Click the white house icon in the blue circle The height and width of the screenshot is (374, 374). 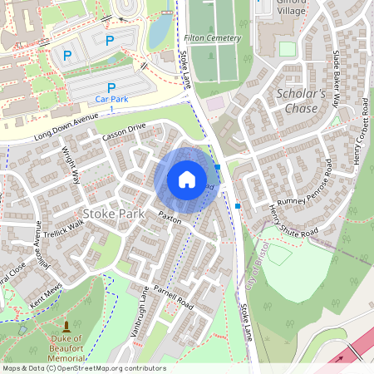pos(187,179)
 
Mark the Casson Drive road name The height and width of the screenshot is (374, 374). pos(124,132)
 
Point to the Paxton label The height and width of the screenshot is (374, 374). pos(170,218)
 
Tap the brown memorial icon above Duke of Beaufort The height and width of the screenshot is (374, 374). pos(67,324)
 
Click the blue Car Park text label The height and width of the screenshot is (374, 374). pos(111,99)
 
